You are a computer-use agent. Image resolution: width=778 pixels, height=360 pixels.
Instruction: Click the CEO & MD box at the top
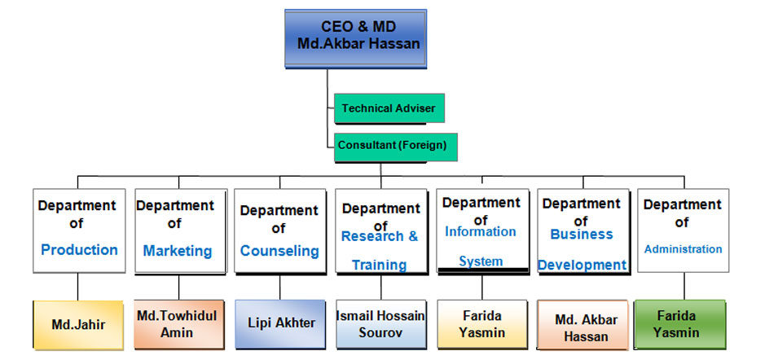tap(355, 38)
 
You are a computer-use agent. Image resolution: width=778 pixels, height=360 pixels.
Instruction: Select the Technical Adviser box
tap(389, 108)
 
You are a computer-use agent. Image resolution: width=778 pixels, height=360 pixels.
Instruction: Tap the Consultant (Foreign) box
tap(395, 147)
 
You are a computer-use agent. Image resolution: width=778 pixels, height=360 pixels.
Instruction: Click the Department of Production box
tap(79, 230)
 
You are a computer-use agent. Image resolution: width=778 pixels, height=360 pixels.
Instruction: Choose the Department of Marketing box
tap(181, 230)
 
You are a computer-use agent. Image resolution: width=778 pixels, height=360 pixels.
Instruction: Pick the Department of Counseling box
tap(280, 230)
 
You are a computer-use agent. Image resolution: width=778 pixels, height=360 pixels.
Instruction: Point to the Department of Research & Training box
tap(381, 230)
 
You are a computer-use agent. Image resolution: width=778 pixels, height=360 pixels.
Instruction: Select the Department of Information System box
tap(482, 230)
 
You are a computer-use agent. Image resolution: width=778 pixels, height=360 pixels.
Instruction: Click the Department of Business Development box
tap(583, 230)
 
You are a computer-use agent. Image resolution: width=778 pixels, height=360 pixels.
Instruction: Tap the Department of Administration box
tap(683, 230)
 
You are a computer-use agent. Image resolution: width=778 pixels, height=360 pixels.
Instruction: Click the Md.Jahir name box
tap(78, 325)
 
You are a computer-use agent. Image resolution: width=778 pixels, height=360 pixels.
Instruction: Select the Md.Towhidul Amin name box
tap(179, 324)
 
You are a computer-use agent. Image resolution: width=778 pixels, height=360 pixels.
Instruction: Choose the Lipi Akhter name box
tap(280, 324)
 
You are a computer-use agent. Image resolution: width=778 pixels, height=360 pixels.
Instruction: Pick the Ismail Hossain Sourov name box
tap(381, 324)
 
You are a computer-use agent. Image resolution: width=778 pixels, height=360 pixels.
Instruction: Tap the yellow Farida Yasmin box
tap(482, 324)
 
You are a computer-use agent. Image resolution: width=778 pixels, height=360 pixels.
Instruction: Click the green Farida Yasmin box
tap(680, 324)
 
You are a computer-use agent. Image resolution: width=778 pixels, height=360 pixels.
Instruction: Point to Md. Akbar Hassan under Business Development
tap(583, 325)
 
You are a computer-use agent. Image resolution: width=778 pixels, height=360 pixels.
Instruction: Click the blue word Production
tap(79, 249)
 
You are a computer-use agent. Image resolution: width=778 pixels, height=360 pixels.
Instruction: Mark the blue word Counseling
tap(279, 250)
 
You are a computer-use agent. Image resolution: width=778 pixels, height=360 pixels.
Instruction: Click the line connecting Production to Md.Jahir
tap(78, 287)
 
